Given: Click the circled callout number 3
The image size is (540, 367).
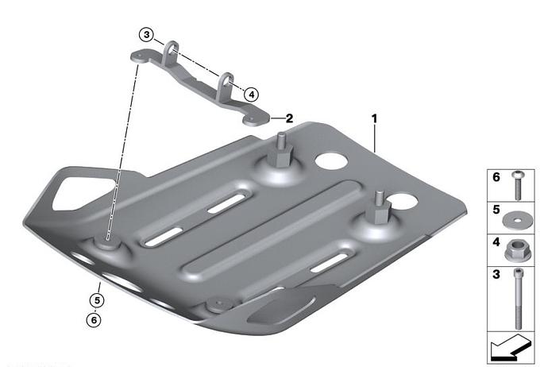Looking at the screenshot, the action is [x=147, y=35].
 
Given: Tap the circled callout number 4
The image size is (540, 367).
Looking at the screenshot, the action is [x=252, y=94].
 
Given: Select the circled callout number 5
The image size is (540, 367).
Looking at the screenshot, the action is [x=97, y=300].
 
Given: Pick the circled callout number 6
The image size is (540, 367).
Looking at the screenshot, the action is [x=94, y=320].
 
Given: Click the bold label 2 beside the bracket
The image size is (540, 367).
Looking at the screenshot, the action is [x=289, y=118].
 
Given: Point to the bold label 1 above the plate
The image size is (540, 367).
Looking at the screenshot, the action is [x=374, y=119].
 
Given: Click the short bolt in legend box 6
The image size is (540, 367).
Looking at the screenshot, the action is [x=518, y=185].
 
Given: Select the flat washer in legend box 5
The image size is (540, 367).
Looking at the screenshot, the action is [x=515, y=221].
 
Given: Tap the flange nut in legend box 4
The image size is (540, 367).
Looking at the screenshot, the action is [x=515, y=250].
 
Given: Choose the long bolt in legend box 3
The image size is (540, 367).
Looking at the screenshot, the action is [x=518, y=299].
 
